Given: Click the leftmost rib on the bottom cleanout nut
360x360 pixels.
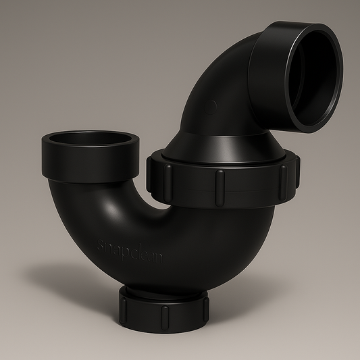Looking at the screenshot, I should tap(124, 307).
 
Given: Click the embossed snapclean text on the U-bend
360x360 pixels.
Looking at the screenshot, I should tap(130, 251).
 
